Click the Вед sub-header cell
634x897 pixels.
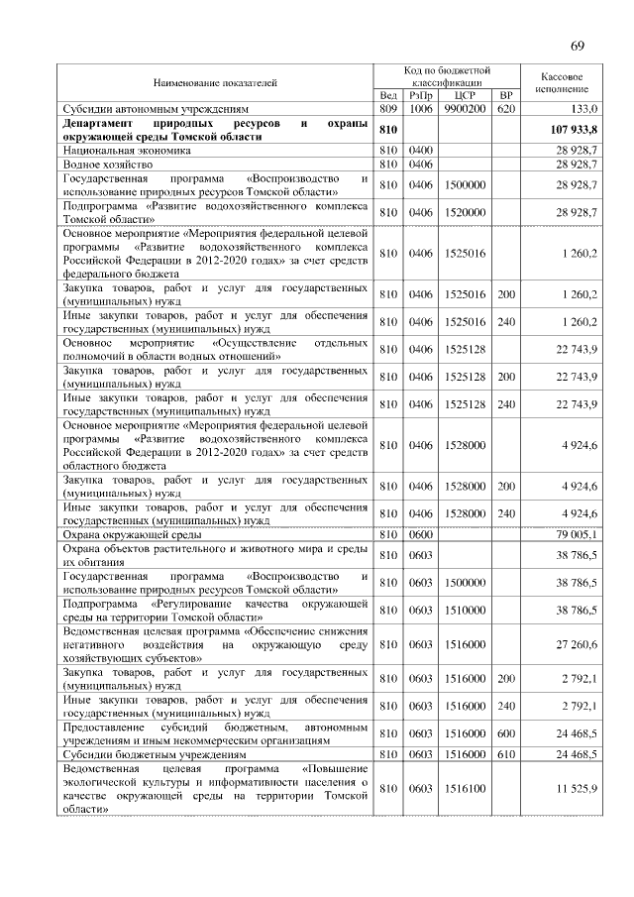tap(388, 95)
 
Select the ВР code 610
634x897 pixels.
tap(506, 754)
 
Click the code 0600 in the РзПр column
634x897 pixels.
tap(421, 535)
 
